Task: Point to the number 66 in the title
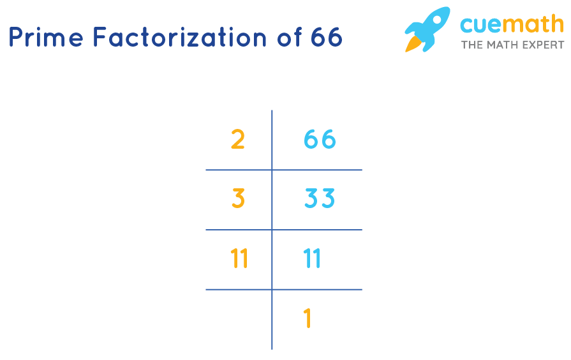327,38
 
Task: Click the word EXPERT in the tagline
542,45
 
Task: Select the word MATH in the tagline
501,45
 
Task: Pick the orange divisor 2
237,139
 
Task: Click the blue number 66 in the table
320,139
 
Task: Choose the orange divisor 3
238,199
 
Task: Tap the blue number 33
320,199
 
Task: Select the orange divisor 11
239,259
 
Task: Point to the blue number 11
313,259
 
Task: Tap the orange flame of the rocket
413,43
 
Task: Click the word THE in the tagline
472,45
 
